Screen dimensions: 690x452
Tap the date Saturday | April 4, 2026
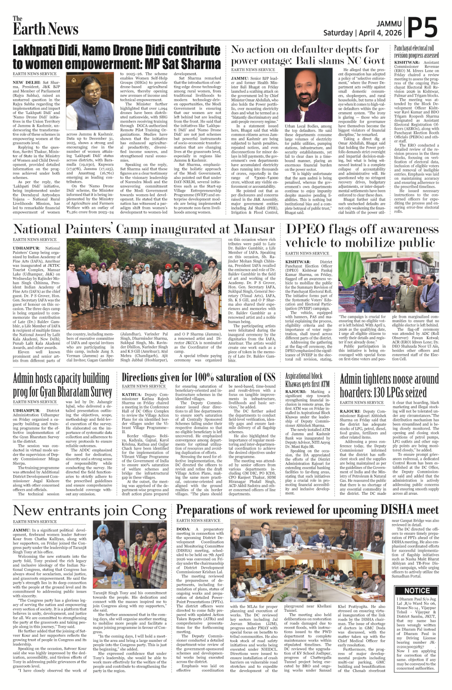pyautogui.click(x=362, y=33)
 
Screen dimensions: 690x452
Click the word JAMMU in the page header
pyautogui.click(x=389, y=24)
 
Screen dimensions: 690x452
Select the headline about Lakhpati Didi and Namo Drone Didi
pyautogui.click(x=116, y=56)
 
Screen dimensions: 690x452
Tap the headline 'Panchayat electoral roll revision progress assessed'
pyautogui.click(x=416, y=52)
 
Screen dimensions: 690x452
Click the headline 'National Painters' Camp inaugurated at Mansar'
pyautogui.click(x=144, y=229)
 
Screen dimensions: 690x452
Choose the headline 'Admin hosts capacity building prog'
pyautogui.click(x=63, y=385)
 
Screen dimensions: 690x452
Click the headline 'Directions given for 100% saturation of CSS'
pyautogui.click(x=199, y=377)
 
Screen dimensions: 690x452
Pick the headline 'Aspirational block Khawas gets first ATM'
pyautogui.click(x=307, y=380)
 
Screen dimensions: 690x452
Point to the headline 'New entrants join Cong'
pyautogui.click(x=90, y=511)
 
